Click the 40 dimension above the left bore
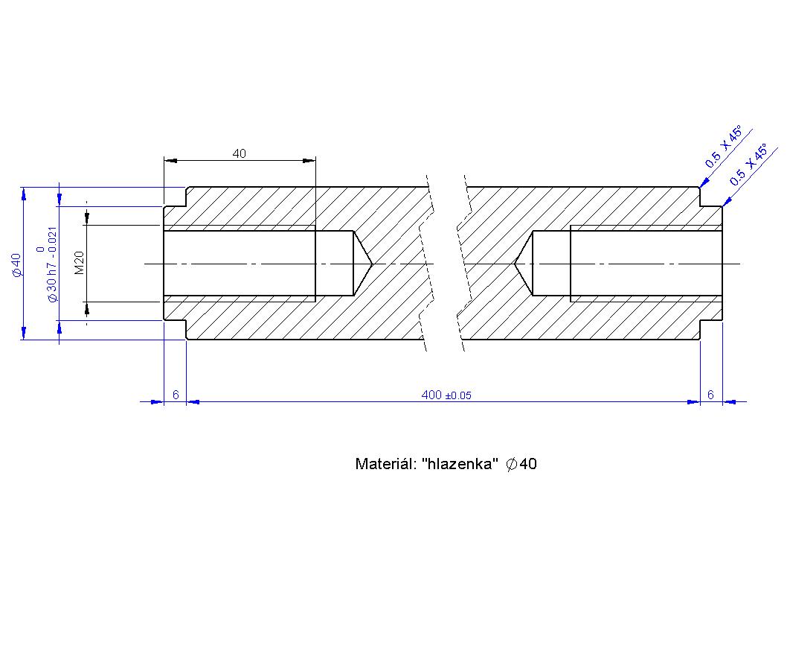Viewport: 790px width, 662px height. coord(239,154)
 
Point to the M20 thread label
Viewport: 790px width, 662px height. coord(80,263)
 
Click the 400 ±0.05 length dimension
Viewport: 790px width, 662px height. coord(446,395)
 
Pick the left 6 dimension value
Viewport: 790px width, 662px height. coord(176,395)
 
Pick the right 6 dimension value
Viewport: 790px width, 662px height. coord(710,395)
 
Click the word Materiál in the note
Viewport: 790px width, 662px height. coord(385,465)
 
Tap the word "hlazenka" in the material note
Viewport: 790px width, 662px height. coord(459,465)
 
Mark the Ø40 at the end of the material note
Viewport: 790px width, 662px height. coord(521,465)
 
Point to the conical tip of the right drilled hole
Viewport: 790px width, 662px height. coord(516,264)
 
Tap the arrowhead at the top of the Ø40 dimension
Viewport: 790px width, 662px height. coord(24,192)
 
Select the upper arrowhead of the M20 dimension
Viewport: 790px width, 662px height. coord(87,218)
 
